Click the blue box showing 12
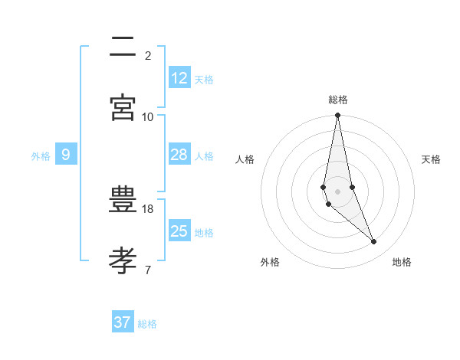click(x=179, y=78)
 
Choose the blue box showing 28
click(x=179, y=155)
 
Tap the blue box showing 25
click(x=179, y=231)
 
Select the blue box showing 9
click(x=66, y=155)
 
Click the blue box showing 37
click(x=123, y=322)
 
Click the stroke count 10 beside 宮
click(x=148, y=116)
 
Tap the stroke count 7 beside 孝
click(x=148, y=270)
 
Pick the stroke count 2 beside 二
click(x=148, y=55)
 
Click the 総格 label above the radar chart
click(x=338, y=100)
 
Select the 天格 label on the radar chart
click(x=431, y=159)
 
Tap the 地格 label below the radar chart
click(x=402, y=262)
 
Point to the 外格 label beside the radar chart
click(x=270, y=262)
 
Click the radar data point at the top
click(x=337, y=116)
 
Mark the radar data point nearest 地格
click(x=374, y=242)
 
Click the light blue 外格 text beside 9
click(x=41, y=155)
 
